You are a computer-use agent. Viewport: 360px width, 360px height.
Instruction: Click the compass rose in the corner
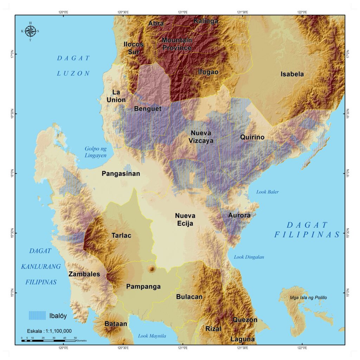coord(30,31)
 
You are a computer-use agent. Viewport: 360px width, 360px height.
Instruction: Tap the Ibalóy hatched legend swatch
coord(37,315)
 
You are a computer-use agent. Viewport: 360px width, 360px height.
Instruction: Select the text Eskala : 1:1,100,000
coord(49,331)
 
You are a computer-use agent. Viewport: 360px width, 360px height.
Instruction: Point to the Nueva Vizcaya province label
coord(201,136)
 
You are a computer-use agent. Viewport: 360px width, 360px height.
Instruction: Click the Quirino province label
coord(252,137)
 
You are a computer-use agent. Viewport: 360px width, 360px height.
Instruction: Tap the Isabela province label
coord(292,74)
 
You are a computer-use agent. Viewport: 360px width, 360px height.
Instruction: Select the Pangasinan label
coord(121,174)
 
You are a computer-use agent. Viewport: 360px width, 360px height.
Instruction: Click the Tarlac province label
coord(121,236)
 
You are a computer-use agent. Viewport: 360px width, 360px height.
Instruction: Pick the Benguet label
coord(147,109)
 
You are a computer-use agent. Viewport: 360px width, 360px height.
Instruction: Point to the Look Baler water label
coord(267,192)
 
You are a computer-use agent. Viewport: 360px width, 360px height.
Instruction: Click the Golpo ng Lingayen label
coord(95,152)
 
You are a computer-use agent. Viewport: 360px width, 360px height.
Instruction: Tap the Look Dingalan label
coord(249,257)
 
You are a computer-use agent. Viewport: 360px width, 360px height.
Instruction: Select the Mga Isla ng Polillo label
coord(308,298)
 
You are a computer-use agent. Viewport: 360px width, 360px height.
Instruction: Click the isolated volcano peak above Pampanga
coord(152,269)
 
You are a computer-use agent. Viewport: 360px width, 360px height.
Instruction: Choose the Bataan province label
coord(116,324)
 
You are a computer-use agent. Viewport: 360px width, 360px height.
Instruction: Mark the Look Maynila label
coord(152,336)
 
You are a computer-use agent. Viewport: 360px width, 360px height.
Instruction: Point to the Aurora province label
coord(239,215)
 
